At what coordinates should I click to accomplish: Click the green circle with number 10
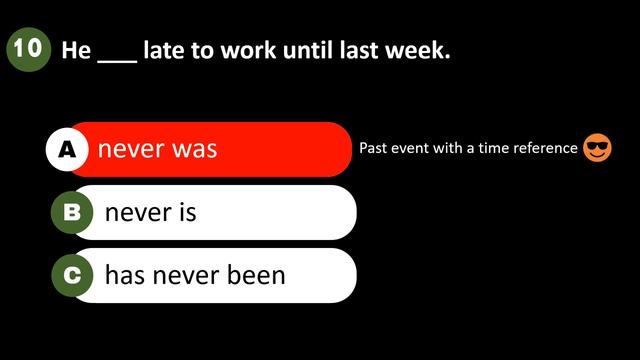[28, 50]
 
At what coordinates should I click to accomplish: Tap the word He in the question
[76, 50]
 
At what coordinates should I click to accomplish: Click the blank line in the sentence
[117, 58]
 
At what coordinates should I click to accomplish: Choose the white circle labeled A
[67, 149]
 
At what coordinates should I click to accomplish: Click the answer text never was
[157, 150]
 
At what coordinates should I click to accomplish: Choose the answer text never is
[150, 213]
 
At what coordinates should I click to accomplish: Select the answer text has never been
[195, 275]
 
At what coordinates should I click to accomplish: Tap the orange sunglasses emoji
[597, 149]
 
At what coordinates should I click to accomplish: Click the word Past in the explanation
[374, 149]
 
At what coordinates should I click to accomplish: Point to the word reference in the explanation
[545, 149]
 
